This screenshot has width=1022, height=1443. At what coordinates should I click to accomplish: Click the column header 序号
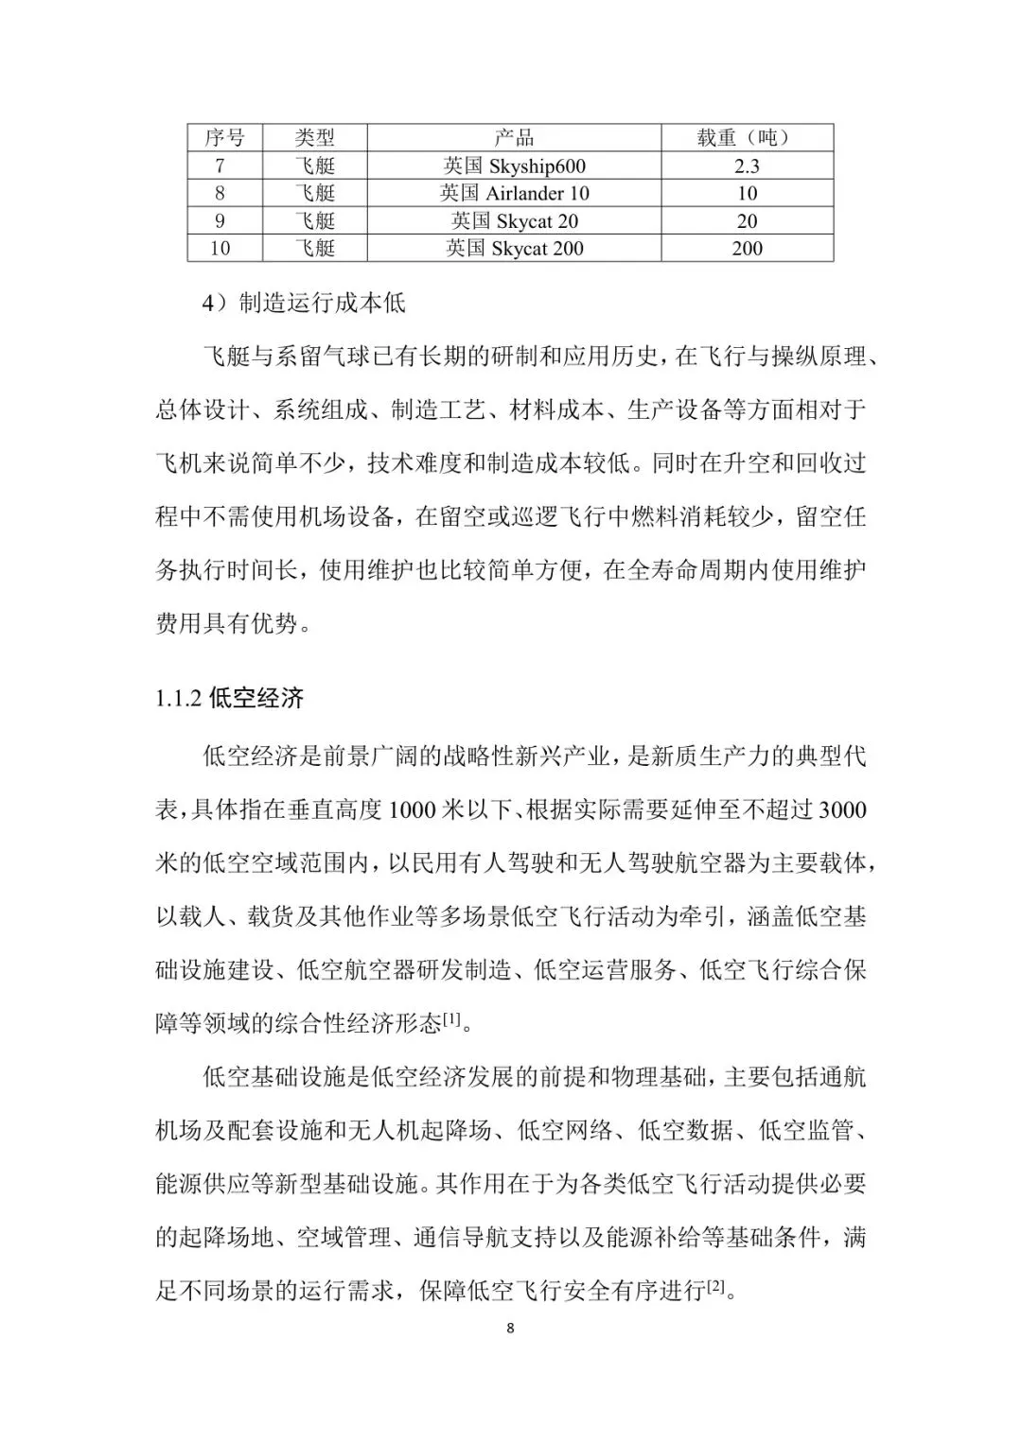tap(224, 138)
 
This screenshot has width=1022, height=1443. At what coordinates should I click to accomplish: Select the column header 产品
tap(514, 138)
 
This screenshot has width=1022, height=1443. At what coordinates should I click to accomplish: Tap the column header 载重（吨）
tap(747, 138)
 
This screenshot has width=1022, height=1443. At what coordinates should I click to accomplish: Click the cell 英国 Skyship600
tap(514, 166)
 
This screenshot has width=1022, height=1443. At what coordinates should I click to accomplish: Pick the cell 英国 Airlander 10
tap(514, 194)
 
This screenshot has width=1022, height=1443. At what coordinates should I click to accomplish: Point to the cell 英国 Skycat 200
tap(514, 249)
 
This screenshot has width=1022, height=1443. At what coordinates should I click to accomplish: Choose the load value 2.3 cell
tap(747, 166)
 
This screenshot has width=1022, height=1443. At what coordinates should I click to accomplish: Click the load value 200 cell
tap(747, 249)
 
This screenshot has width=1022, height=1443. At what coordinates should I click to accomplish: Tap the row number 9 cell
tap(220, 221)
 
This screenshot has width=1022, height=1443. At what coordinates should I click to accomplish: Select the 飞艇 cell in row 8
tap(314, 194)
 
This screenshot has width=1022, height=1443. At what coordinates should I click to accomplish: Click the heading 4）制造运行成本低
tap(304, 304)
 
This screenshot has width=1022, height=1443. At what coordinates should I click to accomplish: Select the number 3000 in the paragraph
tap(841, 810)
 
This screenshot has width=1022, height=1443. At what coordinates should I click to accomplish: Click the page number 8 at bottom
tap(511, 1329)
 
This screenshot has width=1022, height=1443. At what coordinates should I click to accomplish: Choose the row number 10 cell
tap(220, 249)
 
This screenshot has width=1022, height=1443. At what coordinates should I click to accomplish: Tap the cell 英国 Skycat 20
tap(514, 221)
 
